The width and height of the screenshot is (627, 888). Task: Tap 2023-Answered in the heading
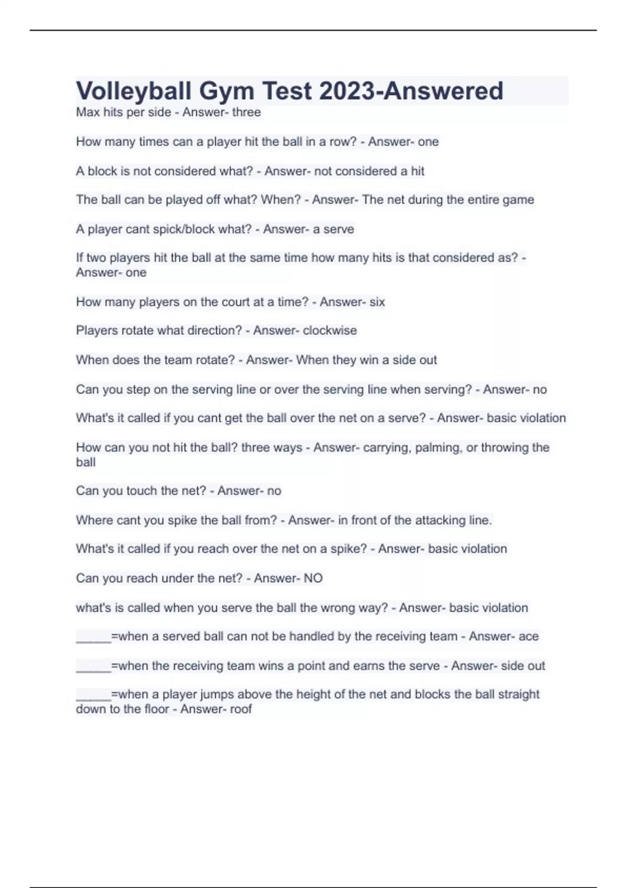pos(411,91)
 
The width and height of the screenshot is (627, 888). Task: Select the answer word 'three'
pos(247,112)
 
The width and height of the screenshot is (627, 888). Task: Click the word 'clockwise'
pos(330,331)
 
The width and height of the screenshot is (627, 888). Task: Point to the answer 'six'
pos(377,302)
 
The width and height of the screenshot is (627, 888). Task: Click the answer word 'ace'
pos(528,637)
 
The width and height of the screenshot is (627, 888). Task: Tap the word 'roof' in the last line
pos(241,709)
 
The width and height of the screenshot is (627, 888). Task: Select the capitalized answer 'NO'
pos(313,578)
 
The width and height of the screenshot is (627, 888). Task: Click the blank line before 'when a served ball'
pos(94,638)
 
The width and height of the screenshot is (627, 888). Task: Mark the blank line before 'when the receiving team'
pos(94,668)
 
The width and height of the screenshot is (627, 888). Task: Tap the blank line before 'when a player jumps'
pos(94,696)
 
